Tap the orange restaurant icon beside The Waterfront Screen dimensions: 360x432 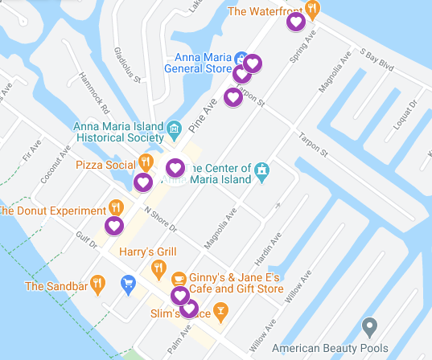(x=314, y=10)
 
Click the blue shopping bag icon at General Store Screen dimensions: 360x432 (x=240, y=58)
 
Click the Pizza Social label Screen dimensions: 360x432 (x=105, y=165)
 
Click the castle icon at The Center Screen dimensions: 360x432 (x=261, y=170)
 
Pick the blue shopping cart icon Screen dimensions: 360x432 (x=127, y=283)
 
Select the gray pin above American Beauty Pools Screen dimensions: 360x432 (x=369, y=327)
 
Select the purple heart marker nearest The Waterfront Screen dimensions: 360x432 (x=296, y=22)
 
